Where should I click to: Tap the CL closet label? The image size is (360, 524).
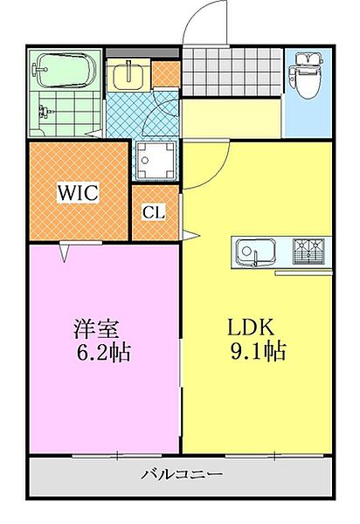pos(154,212)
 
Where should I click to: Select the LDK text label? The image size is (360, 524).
pos(252,328)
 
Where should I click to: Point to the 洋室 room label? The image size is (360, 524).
pos(96,329)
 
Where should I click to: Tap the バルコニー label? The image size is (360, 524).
pos(183,476)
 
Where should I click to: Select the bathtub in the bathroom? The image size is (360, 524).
pos(66,70)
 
